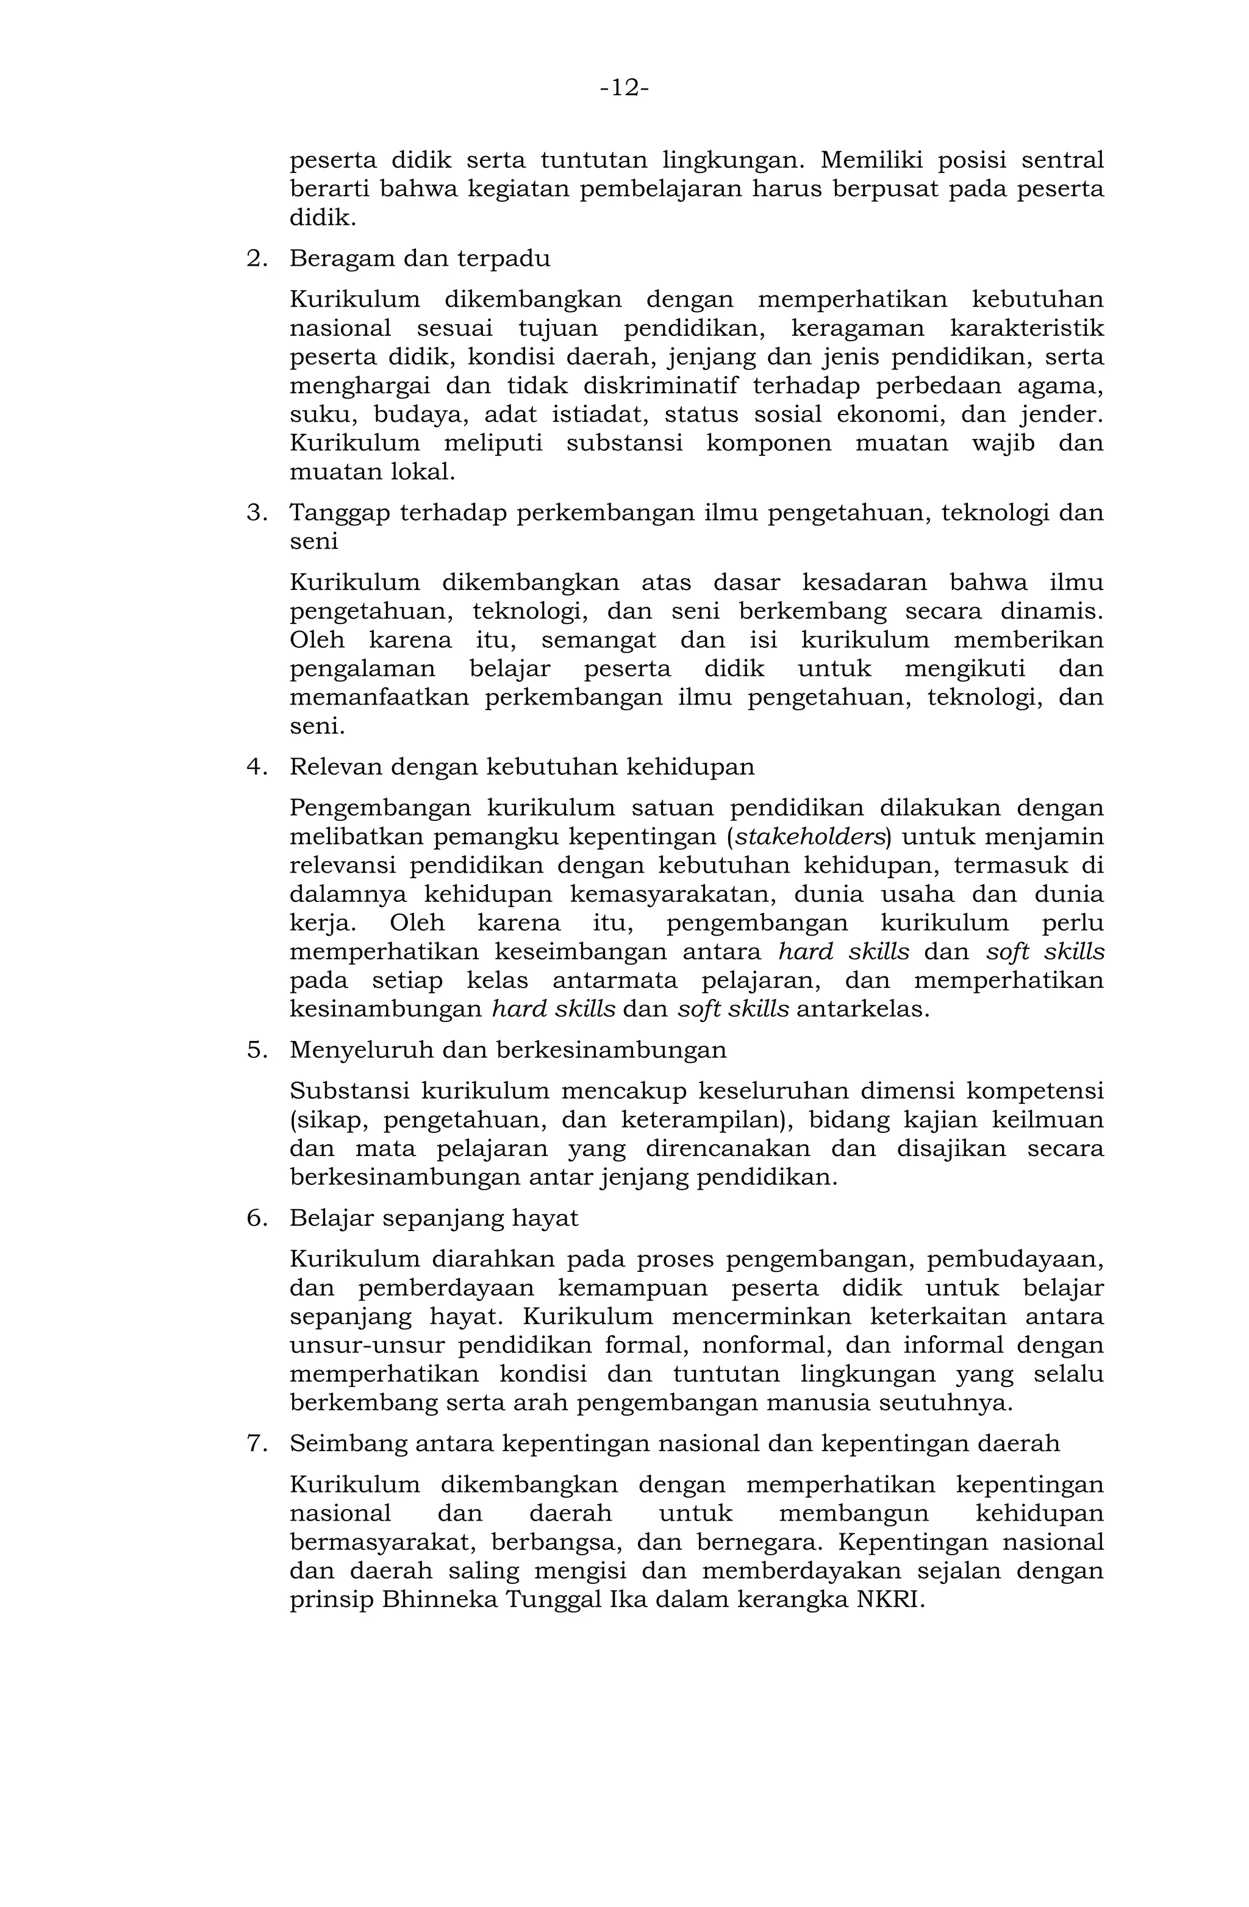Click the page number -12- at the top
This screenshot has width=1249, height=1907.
point(624,88)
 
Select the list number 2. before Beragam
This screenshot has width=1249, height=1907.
point(257,259)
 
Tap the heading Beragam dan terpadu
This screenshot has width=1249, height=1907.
point(419,259)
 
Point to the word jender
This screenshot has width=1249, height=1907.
point(1061,415)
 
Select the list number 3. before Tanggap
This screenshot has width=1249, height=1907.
point(257,513)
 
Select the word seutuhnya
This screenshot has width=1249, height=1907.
point(946,1403)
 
